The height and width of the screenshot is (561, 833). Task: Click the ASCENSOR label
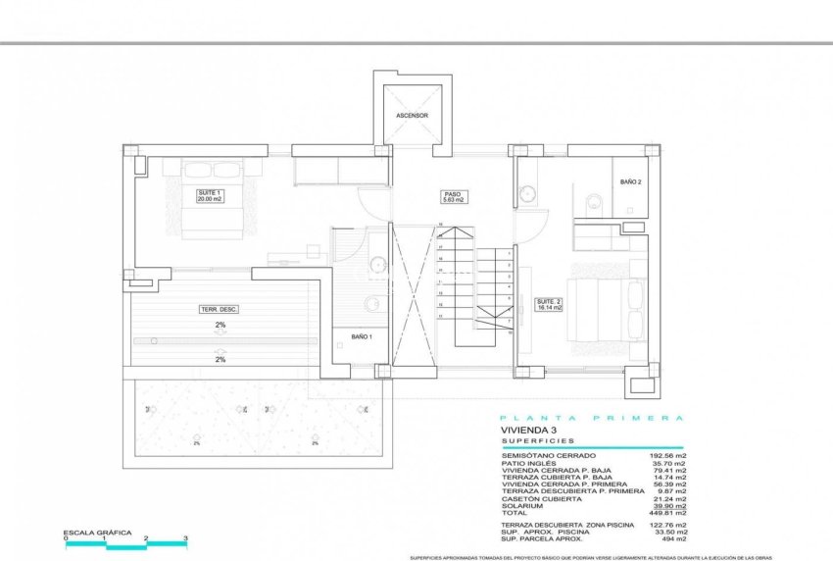click(412, 116)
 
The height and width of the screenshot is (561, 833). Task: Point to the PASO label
click(452, 194)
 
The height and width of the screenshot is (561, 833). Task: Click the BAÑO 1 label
click(362, 337)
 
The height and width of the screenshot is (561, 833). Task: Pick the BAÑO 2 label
click(631, 182)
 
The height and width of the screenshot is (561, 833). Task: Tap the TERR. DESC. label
click(220, 309)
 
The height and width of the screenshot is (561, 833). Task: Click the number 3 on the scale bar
click(185, 538)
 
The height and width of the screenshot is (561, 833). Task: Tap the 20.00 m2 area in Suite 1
click(210, 198)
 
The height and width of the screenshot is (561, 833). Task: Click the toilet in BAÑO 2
click(594, 203)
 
